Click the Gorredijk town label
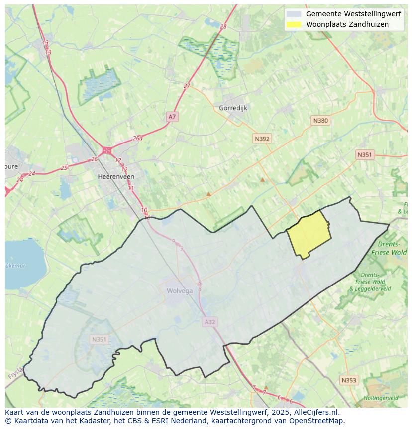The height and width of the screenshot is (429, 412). pos(233,108)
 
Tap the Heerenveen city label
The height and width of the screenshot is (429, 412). pos(116,177)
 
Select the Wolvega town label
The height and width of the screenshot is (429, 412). pos(180,291)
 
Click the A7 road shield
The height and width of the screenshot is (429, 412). pos(172,117)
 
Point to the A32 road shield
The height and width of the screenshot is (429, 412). pos(210,322)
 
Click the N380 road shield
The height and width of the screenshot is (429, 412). pos(320,121)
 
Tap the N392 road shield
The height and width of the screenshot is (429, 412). pos(262,139)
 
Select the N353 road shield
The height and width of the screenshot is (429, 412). pos(349,380)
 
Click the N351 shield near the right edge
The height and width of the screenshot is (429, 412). pos(364,155)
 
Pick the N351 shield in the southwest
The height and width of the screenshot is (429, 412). pos(99,339)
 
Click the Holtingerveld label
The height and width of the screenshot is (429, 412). pos(381,398)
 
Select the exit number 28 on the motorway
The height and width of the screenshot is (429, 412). pos(223,27)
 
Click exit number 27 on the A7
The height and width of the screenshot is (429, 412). pos(187,86)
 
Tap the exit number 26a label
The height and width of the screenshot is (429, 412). pos(138,139)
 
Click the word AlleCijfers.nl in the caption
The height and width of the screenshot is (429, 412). pos(315,413)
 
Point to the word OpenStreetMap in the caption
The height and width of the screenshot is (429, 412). pos(317,421)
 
